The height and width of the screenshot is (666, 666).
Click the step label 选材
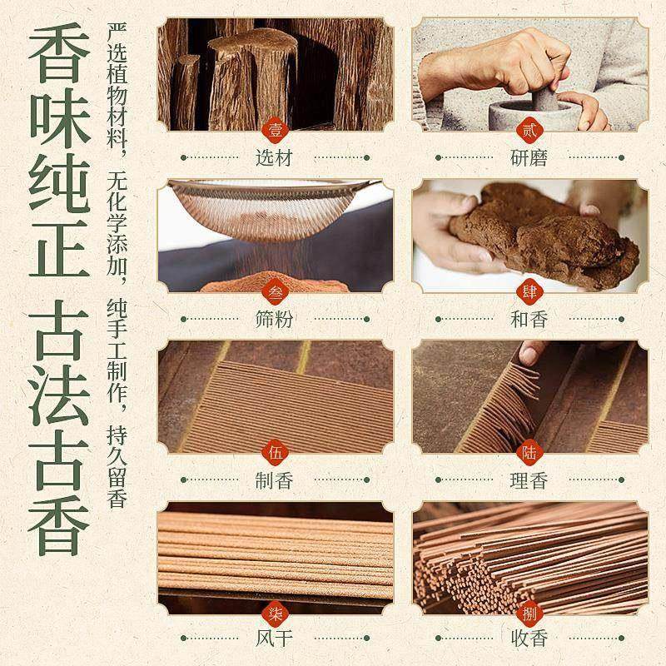click(275, 157)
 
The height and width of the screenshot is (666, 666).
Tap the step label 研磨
click(529, 157)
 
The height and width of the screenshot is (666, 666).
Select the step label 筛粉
click(275, 318)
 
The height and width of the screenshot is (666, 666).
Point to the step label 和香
click(529, 318)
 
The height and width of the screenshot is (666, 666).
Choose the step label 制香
click(275, 480)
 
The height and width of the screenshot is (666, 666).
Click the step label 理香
click(529, 480)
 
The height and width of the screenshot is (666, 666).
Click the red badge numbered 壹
click(276, 129)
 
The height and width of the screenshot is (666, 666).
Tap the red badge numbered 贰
click(529, 129)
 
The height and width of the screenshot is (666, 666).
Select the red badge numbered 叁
click(276, 291)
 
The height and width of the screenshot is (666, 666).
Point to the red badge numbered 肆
click(529, 291)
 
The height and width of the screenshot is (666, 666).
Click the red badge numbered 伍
click(276, 452)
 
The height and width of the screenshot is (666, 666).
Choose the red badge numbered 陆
click(529, 452)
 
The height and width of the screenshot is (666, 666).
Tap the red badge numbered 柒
click(276, 614)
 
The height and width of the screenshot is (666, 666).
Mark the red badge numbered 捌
click(529, 614)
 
